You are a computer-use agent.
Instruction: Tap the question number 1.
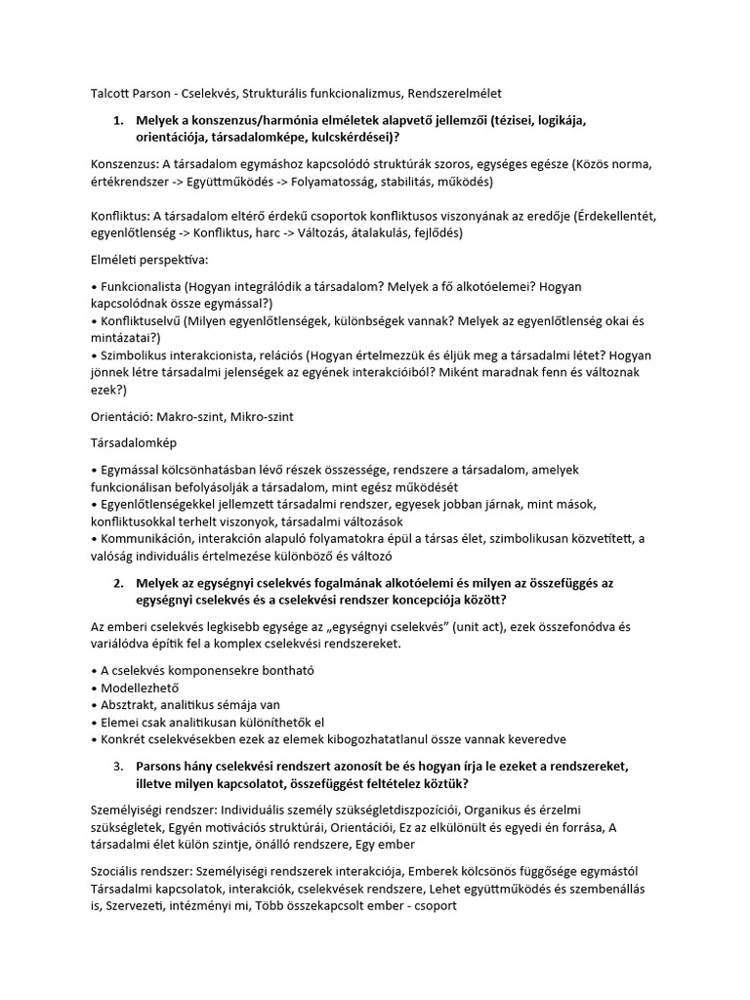click(x=118, y=120)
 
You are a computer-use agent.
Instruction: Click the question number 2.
click(x=118, y=583)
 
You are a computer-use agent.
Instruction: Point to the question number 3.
click(x=118, y=767)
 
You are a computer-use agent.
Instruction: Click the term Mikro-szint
click(x=260, y=416)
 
